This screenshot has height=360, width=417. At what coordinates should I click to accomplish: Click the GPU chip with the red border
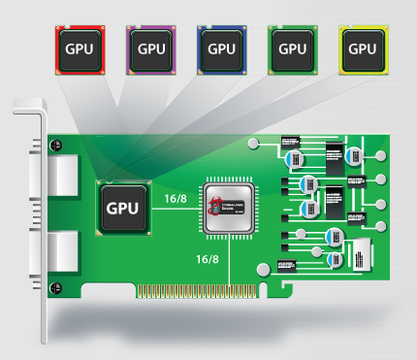click(80, 47)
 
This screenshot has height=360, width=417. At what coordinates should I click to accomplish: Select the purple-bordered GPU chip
click(152, 47)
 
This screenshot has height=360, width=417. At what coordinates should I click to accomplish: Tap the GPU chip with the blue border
click(223, 47)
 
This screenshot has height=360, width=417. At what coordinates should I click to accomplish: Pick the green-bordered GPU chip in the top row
click(293, 47)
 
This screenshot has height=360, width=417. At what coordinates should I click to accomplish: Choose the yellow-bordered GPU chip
click(362, 47)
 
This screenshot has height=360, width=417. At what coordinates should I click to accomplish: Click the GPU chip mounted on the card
click(122, 207)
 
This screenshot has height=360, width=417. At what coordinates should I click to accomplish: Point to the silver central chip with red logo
click(228, 206)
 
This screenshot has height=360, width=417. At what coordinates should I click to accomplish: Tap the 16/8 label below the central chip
click(208, 259)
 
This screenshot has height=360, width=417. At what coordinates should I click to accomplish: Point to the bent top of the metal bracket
click(25, 108)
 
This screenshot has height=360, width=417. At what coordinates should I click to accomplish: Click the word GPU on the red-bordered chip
click(80, 48)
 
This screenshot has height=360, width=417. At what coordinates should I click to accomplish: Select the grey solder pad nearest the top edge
click(254, 144)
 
